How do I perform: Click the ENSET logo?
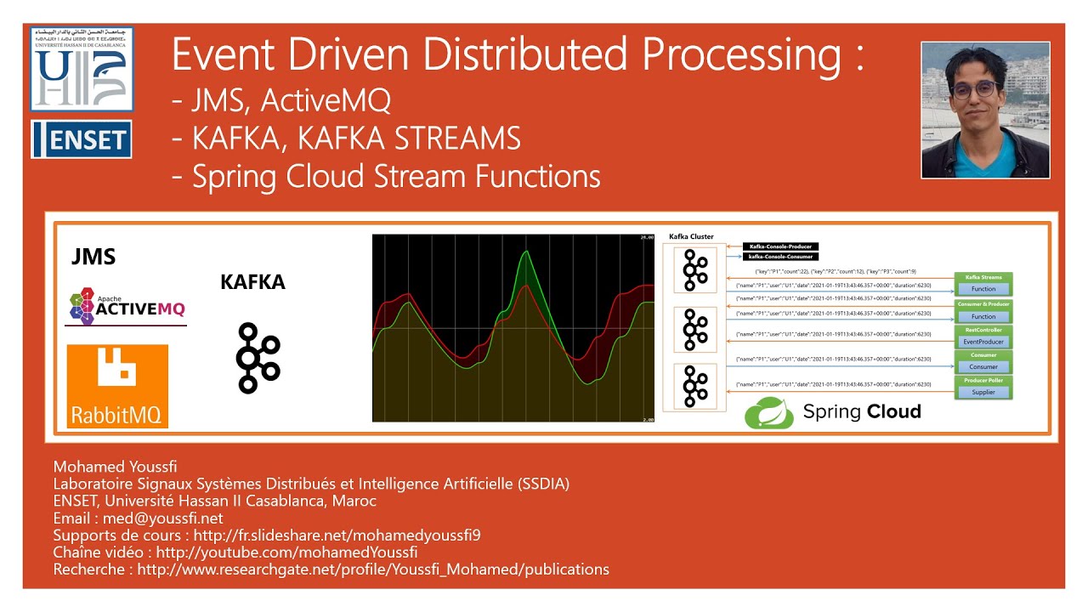point(82,139)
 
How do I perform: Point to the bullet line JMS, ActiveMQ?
point(281,101)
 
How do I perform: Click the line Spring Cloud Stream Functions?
point(387,176)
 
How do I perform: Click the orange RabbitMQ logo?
point(118,386)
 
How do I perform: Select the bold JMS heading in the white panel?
point(93,257)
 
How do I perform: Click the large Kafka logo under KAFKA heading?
point(258,358)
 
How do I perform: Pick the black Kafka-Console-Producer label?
point(780,246)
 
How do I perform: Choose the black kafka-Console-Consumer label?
point(780,256)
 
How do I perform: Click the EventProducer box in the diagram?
point(983,342)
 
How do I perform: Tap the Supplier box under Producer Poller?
point(983,392)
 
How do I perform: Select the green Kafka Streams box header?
point(983,278)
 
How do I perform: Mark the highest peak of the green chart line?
point(526,251)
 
